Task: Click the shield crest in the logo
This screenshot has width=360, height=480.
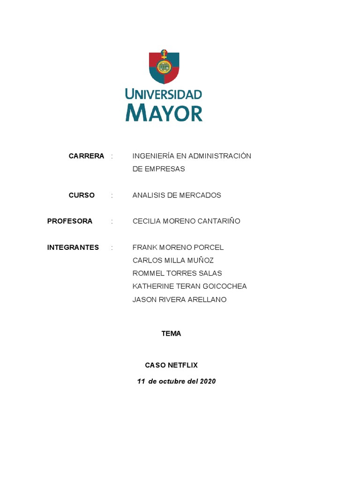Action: pos(164,67)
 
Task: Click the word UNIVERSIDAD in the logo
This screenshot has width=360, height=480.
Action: pos(164,94)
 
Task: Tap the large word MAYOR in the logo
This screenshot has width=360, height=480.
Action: pos(164,112)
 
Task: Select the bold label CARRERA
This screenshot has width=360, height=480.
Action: pos(86,156)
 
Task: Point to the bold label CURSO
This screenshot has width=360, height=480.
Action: pos(82,195)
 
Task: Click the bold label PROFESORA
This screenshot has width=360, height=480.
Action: pos(70,221)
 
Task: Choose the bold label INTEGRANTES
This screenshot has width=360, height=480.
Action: pos(73,247)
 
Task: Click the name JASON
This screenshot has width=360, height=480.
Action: pos(144,300)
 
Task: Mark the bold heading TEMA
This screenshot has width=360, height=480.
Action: pos(171,334)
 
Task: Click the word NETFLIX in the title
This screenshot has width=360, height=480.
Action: pos(182,365)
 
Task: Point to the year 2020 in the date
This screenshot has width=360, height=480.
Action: pos(208,382)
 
